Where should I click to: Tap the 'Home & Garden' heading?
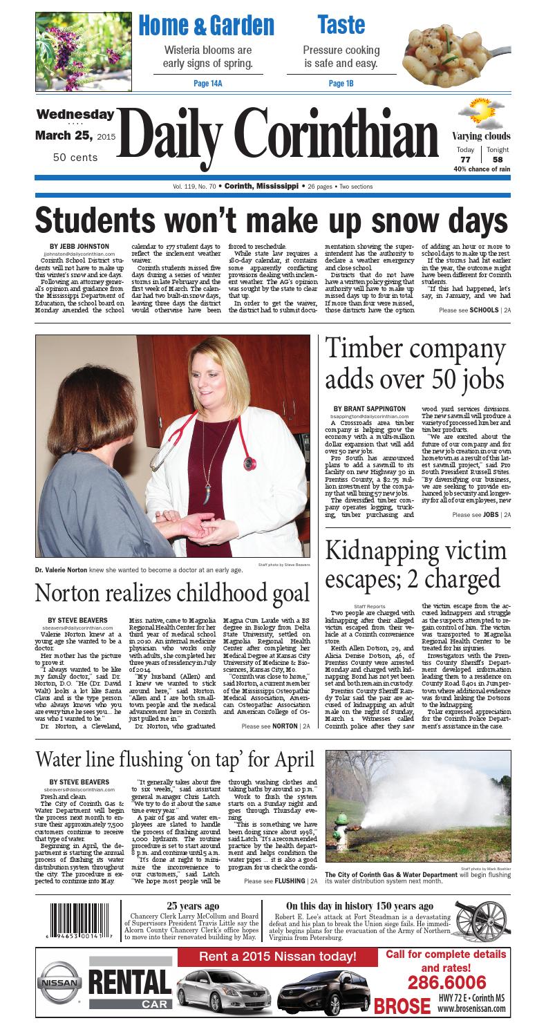coord(206,26)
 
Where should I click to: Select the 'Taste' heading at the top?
coord(341,25)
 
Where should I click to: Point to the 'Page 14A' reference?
coord(207,84)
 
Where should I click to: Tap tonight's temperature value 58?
coord(497,160)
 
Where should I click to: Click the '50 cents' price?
coord(75,158)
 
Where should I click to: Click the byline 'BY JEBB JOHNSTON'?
coord(79,246)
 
